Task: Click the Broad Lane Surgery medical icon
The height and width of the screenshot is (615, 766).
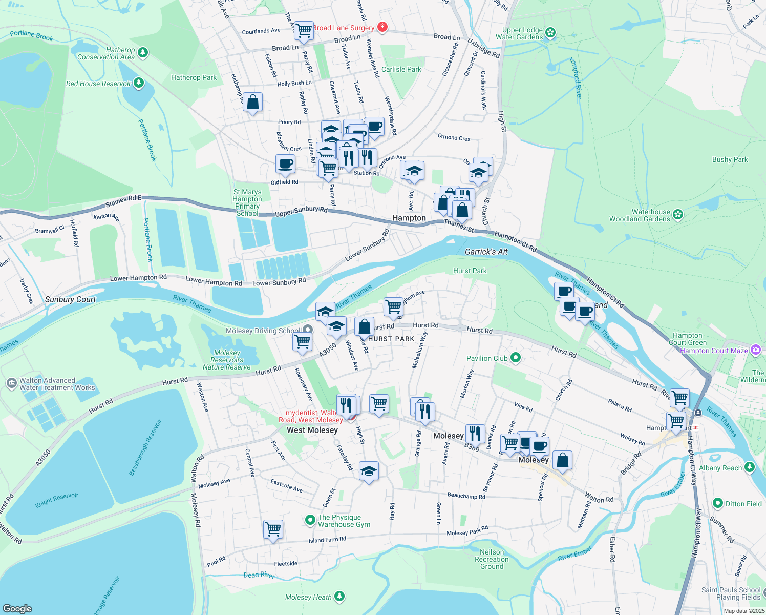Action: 382,27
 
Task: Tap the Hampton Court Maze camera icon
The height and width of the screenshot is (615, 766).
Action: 756,350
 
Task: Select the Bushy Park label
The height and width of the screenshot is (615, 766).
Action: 730,159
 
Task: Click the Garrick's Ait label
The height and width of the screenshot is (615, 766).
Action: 486,252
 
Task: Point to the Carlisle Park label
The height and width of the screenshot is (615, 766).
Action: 401,69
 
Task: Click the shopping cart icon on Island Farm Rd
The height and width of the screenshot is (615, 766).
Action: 273,529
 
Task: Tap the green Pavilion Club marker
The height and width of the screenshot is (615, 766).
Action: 516,358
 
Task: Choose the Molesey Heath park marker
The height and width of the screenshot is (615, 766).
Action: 339,596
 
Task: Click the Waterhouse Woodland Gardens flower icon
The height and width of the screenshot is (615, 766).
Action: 678,215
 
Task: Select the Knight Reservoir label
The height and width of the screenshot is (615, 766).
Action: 57,500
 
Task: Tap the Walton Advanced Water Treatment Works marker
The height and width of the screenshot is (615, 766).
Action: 11,383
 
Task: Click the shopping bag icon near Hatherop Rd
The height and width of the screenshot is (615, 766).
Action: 252,102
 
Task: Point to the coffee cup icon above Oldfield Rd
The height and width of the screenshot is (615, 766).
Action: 285,165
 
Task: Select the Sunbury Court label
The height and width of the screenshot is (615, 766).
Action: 70,299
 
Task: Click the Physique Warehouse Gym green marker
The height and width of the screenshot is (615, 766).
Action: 310,520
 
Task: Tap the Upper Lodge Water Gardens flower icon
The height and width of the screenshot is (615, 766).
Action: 550,33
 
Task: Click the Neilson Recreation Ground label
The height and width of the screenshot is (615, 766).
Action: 492,559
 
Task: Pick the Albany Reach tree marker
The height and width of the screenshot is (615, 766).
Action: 750,467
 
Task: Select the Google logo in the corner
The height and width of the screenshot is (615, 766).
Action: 17,608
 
